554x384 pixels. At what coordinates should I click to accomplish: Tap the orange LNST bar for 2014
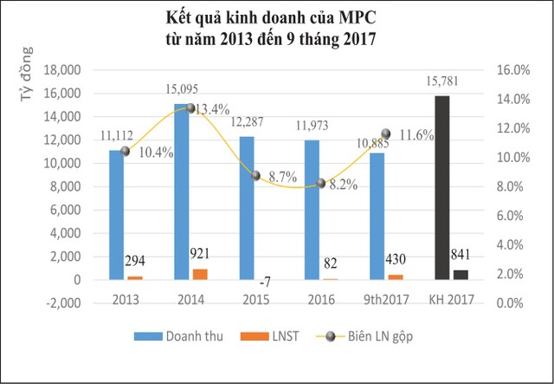[x=200, y=274]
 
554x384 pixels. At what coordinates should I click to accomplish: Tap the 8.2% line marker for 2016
[x=321, y=183]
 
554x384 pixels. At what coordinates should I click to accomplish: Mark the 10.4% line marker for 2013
[x=126, y=151]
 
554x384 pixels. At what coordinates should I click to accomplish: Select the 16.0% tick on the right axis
[x=507, y=69]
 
